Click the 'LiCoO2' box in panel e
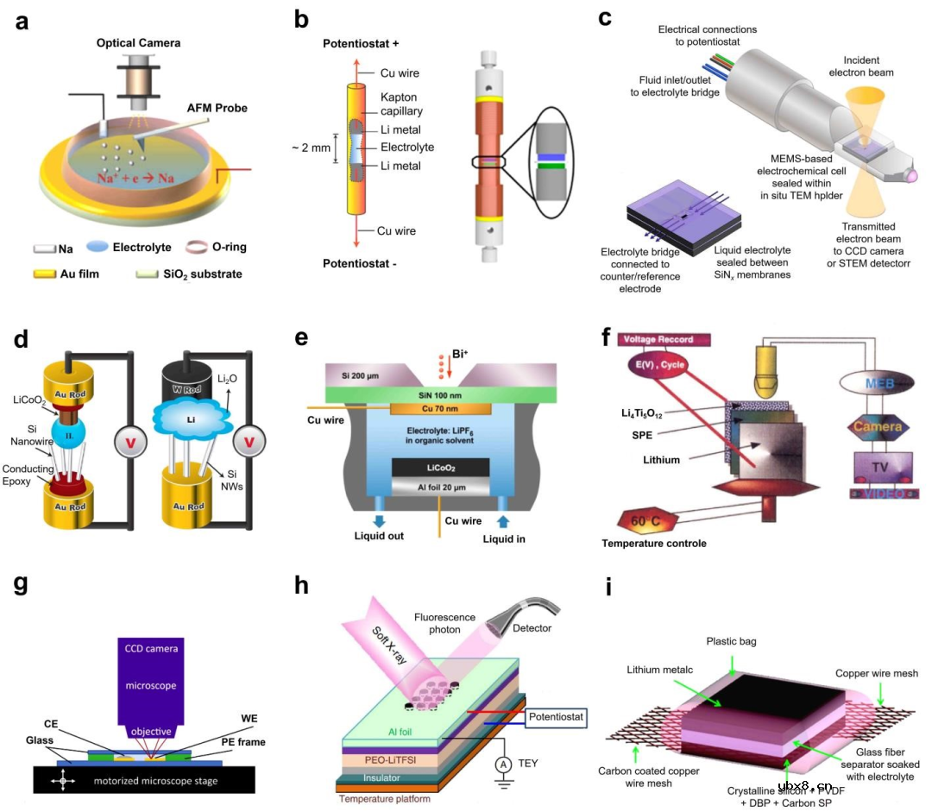[x=441, y=468]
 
